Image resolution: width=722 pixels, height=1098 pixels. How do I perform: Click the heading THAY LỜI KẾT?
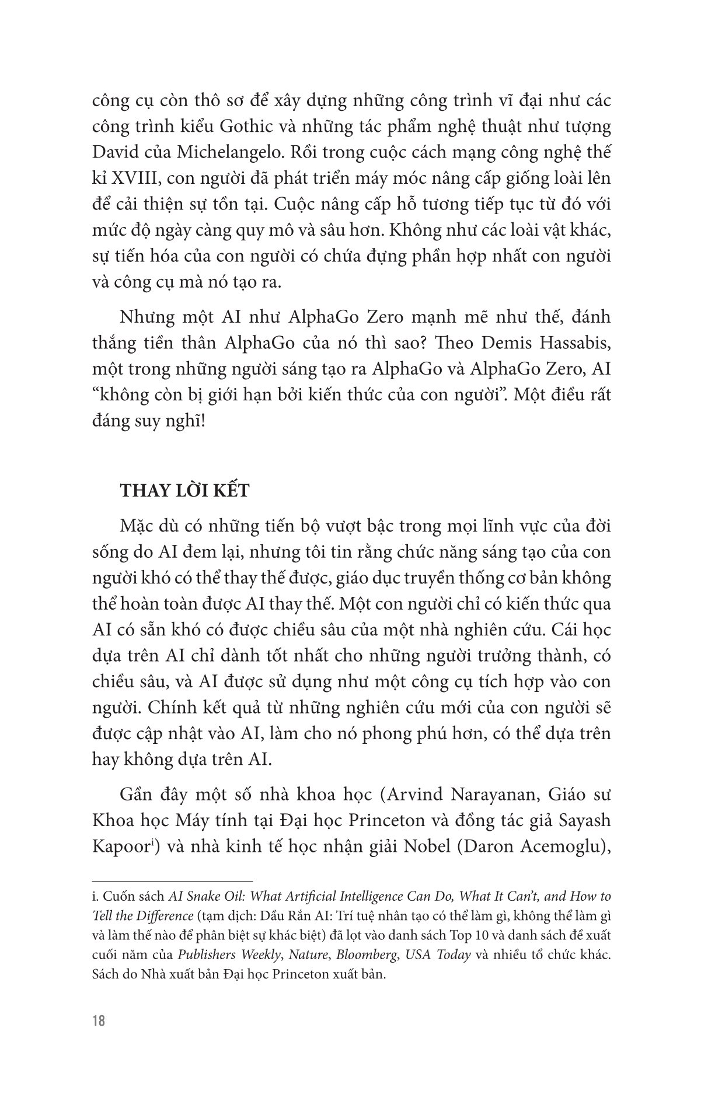point(184,491)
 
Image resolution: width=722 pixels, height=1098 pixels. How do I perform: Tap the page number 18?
point(99,1038)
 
